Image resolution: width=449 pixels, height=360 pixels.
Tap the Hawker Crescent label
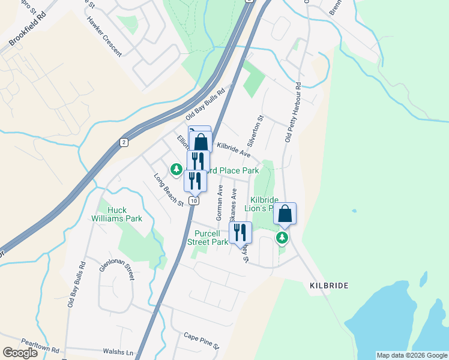[104, 35]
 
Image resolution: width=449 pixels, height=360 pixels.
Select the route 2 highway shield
[124, 142]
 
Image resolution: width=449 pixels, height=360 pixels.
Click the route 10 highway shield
[193, 201]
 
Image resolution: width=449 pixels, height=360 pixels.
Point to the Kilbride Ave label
[234, 149]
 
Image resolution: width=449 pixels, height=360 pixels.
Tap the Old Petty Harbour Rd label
[294, 113]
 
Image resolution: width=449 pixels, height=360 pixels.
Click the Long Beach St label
[169, 190]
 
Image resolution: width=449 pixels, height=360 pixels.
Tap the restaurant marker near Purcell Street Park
[240, 232]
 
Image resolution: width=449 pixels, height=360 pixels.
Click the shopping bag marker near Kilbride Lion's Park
[285, 213]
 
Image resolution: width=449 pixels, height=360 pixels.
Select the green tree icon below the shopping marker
[282, 238]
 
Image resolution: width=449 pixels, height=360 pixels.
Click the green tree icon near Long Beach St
[176, 170]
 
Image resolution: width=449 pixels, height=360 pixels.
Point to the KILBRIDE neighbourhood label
[329, 286]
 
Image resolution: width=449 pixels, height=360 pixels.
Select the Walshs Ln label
[117, 352]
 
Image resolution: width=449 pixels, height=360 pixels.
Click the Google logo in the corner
[20, 353]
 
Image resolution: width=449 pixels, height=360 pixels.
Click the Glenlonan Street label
[117, 275]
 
